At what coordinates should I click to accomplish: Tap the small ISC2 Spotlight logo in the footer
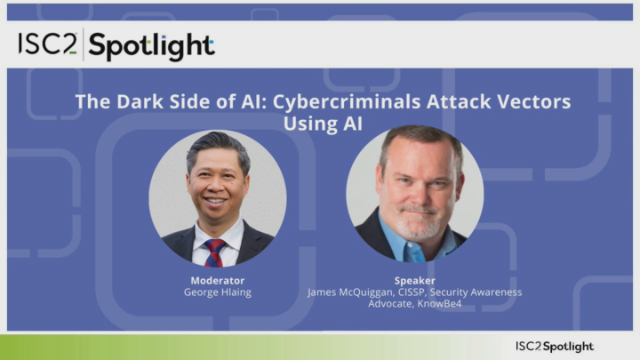554,346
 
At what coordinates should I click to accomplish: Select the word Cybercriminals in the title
331,101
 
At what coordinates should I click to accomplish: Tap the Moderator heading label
218,280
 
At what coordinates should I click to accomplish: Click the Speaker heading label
414,280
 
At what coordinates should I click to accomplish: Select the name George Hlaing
218,292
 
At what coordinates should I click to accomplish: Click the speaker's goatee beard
417,213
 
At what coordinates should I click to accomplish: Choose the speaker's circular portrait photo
415,193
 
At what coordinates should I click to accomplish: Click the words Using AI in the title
323,124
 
